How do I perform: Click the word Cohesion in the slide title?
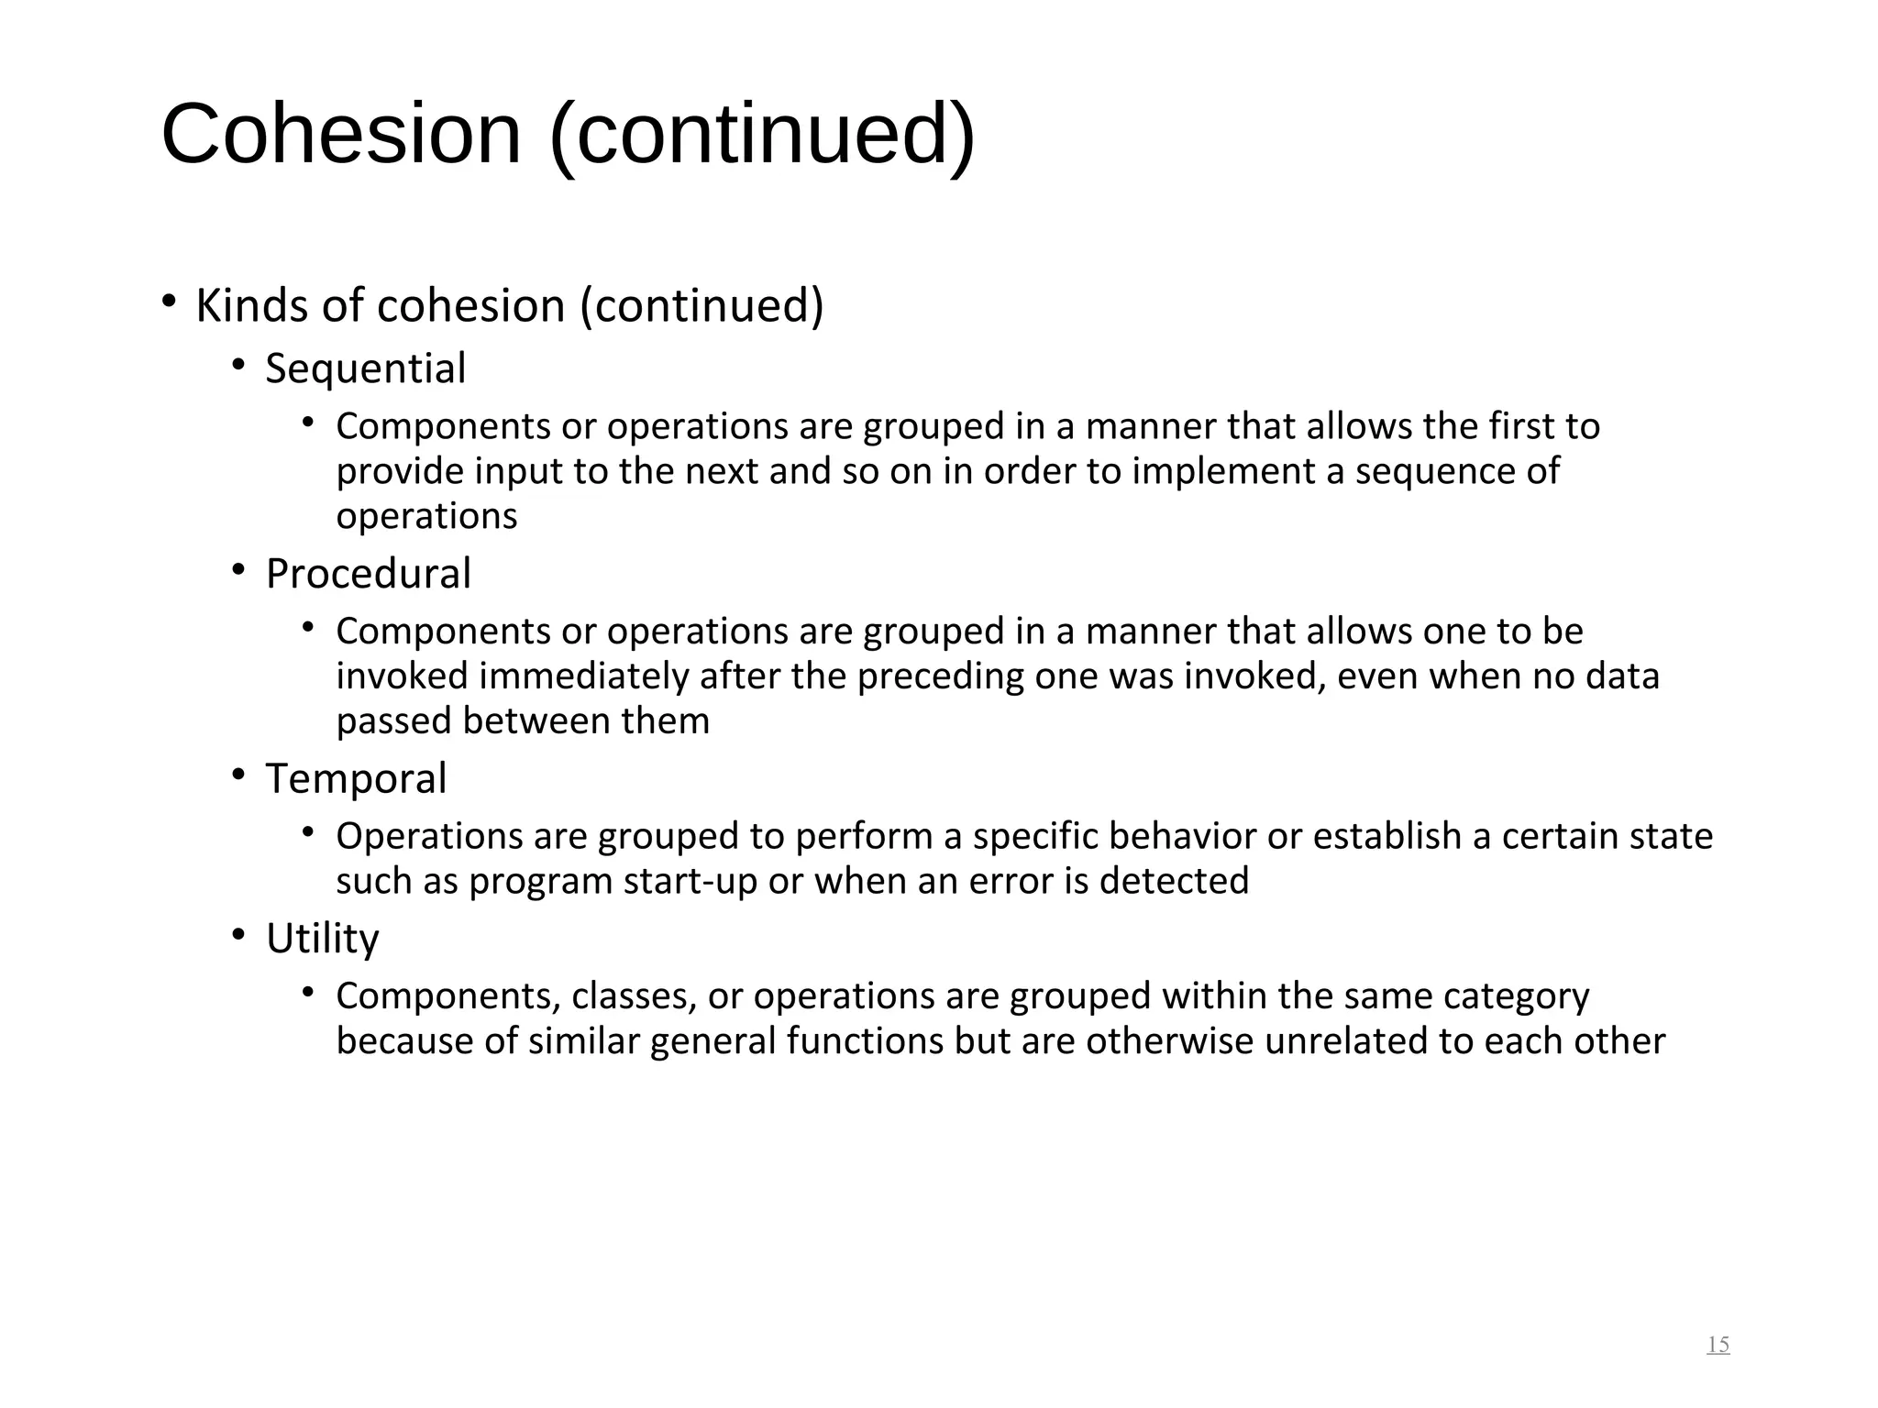(341, 135)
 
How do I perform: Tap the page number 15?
(1718, 1345)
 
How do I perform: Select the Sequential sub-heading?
(366, 369)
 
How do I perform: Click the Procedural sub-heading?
(369, 575)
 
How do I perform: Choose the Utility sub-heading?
(322, 940)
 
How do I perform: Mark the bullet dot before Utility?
(238, 936)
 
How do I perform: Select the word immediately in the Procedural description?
(583, 676)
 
